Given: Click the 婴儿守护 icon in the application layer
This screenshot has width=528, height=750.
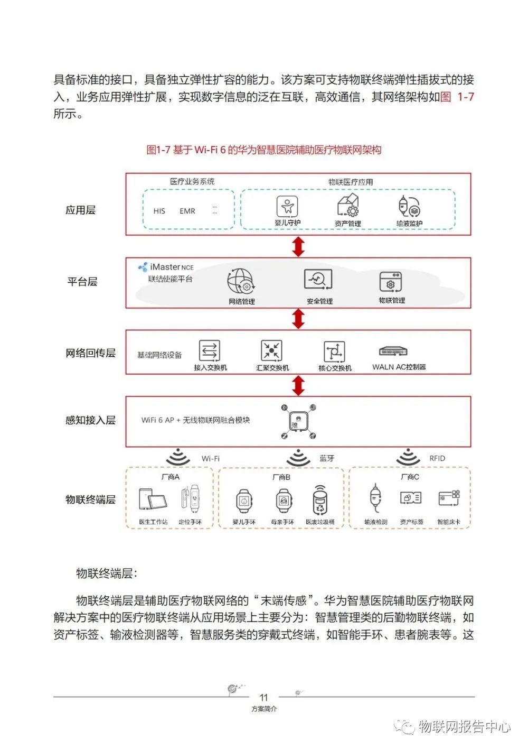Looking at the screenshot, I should point(287,206).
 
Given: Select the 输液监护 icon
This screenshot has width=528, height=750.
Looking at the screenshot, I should point(409,206).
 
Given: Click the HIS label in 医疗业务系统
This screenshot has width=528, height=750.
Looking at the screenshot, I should point(159,211).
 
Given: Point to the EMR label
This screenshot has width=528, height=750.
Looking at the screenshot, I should point(187,211).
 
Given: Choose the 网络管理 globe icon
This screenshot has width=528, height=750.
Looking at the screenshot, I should point(241,281).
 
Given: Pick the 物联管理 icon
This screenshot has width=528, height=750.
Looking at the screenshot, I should point(391,282).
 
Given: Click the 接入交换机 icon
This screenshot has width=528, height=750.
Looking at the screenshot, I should point(210,350).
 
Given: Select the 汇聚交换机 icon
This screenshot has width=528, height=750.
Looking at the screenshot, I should point(272,350).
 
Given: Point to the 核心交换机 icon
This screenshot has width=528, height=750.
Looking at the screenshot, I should point(334,351).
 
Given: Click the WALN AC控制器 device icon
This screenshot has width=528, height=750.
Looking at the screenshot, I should point(393,351).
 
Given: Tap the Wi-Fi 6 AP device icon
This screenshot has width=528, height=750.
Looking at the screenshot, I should point(298,421).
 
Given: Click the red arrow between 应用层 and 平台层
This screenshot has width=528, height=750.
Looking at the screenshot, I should point(298,246).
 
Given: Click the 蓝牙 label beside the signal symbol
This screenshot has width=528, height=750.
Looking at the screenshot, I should point(327,458).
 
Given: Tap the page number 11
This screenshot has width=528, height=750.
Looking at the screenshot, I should point(264,698).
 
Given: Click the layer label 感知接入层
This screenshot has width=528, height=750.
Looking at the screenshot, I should point(90,420).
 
